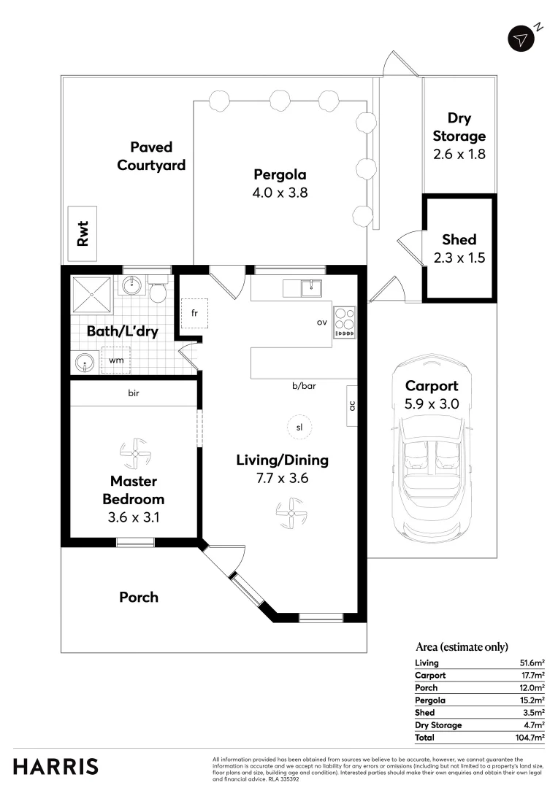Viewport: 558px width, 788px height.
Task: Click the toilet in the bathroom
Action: pyautogui.click(x=157, y=291)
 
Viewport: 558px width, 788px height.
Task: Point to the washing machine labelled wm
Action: pyautogui.click(x=116, y=360)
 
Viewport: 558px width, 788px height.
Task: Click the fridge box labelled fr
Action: pyautogui.click(x=194, y=314)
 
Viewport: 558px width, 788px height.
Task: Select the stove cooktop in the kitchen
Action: pyautogui.click(x=345, y=322)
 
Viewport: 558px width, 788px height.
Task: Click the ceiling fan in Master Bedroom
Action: pyautogui.click(x=134, y=454)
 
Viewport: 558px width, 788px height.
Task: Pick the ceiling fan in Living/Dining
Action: pyautogui.click(x=290, y=513)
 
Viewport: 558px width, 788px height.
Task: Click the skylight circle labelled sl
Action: pyautogui.click(x=299, y=428)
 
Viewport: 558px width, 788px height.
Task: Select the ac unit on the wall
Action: pyautogui.click(x=352, y=406)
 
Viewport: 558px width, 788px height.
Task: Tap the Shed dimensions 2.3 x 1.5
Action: pyautogui.click(x=459, y=258)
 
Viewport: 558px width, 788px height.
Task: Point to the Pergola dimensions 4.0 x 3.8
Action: pyautogui.click(x=280, y=193)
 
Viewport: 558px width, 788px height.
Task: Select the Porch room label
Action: pyautogui.click(x=139, y=597)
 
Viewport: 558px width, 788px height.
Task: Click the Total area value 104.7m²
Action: pyautogui.click(x=530, y=738)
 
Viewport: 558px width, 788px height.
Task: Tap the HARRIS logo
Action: pyautogui.click(x=56, y=767)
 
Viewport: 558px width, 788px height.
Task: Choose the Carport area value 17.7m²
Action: pyautogui.click(x=532, y=676)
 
